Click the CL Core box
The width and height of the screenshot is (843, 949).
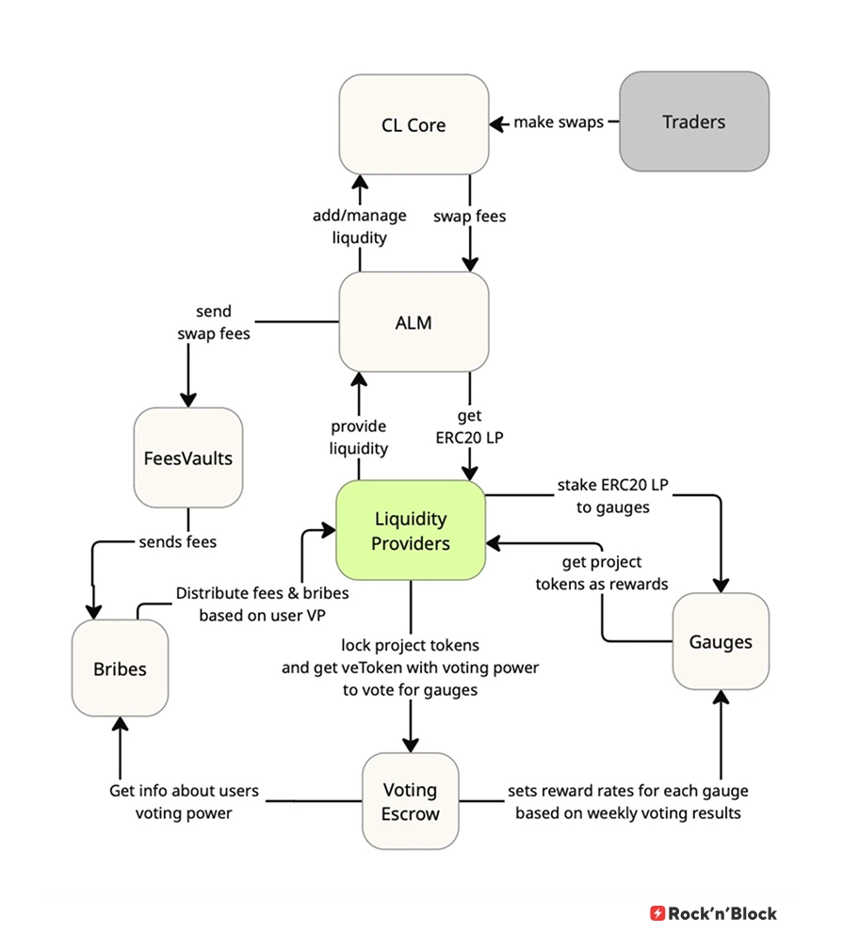pos(413,125)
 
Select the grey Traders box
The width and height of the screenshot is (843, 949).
pos(693,121)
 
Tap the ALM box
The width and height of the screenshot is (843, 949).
pos(413,322)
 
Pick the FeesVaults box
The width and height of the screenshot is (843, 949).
pos(187,458)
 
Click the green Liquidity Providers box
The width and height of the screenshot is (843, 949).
pos(411,531)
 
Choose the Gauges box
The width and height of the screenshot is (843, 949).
pos(721,642)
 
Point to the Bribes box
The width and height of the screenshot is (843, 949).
pos(120,668)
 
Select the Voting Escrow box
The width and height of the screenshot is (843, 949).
pos(411,801)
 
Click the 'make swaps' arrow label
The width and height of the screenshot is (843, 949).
pos(558,122)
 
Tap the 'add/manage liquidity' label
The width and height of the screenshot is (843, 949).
pos(360,226)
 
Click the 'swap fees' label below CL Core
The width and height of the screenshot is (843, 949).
pos(469,217)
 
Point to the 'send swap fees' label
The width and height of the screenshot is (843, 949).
pos(214,321)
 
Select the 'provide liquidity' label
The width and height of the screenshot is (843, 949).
pos(359,438)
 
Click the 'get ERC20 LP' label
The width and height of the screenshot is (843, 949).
pos(469,426)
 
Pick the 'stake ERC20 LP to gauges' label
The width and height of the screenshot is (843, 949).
pos(603,497)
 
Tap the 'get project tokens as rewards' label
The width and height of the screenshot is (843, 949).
pos(602,572)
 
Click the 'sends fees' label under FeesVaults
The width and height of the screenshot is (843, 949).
pos(177,541)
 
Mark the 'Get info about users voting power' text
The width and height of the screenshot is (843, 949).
pos(184,801)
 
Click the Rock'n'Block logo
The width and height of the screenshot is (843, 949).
pos(713,912)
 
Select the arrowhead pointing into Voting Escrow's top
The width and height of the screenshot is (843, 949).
pos(411,744)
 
